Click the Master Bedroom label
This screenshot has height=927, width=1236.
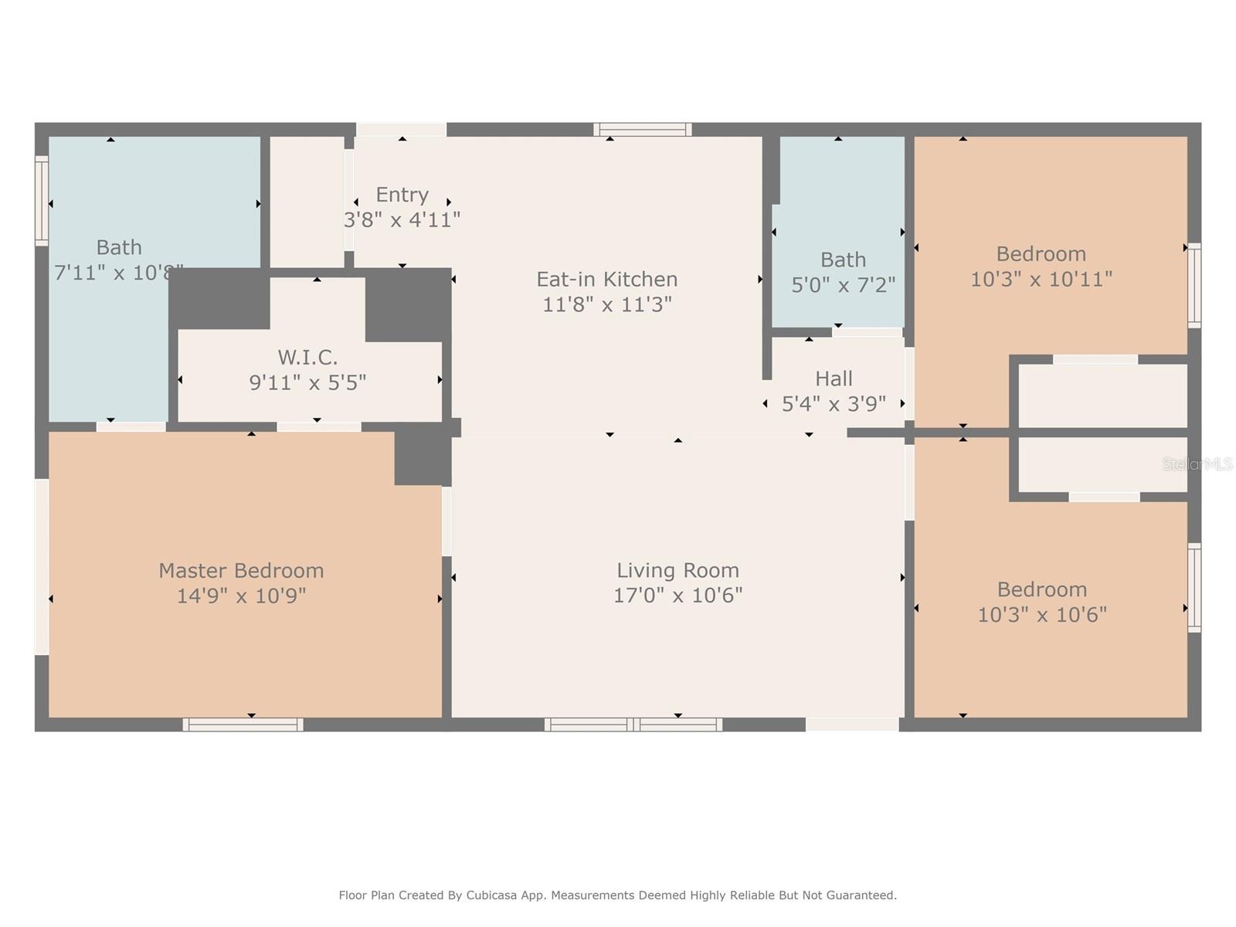(x=241, y=571)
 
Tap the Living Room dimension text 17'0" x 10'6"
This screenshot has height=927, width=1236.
(x=677, y=596)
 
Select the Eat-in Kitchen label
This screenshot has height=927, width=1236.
(x=606, y=279)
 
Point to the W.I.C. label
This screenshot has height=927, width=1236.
(x=307, y=358)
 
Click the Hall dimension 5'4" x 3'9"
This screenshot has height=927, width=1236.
(x=834, y=403)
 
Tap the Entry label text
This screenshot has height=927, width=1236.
(x=402, y=195)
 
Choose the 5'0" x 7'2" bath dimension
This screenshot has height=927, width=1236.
(x=843, y=285)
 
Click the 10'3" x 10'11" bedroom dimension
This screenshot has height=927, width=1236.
(x=1041, y=279)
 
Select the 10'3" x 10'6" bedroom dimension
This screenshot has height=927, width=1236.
(x=1042, y=615)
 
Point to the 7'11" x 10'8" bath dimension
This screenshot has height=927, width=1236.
(x=119, y=273)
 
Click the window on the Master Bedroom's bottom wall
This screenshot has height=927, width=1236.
(x=243, y=725)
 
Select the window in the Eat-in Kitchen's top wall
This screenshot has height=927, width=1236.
(x=643, y=130)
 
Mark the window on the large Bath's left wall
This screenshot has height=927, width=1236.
(x=42, y=201)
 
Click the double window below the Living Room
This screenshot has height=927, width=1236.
(x=633, y=725)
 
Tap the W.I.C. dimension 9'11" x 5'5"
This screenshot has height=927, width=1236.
(x=307, y=382)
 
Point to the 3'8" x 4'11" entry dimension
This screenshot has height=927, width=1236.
(x=402, y=219)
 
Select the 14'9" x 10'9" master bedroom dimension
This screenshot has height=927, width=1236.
(x=241, y=596)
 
